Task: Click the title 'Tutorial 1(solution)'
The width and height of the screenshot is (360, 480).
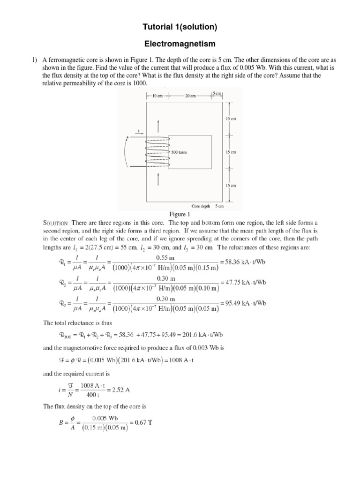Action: click(180, 28)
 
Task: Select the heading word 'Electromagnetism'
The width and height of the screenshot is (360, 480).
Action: click(180, 44)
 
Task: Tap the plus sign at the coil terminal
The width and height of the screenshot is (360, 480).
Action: click(127, 137)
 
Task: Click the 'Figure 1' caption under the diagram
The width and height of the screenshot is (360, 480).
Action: click(180, 214)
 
